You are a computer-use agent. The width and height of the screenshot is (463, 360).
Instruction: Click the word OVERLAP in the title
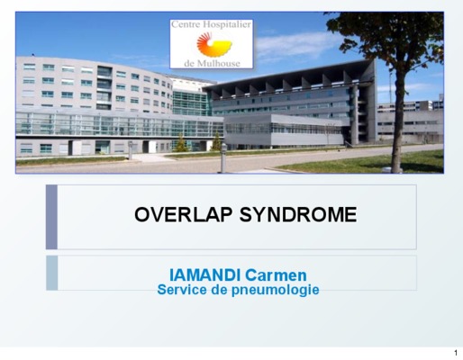(184, 215)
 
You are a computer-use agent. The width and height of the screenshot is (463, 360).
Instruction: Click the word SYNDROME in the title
(298, 215)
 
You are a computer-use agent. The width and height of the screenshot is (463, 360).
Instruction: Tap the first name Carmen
(276, 275)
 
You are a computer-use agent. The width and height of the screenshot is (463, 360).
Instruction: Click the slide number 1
(456, 353)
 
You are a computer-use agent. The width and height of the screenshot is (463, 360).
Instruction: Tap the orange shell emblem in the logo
(213, 45)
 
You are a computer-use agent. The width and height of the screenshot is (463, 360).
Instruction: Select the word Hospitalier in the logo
(227, 24)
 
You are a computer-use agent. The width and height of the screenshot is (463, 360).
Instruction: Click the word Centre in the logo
(186, 24)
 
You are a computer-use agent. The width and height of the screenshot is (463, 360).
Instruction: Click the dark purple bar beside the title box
(51, 217)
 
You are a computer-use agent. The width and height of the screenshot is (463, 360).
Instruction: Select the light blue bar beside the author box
(52, 273)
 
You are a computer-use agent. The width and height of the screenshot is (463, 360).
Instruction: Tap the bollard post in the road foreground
(223, 157)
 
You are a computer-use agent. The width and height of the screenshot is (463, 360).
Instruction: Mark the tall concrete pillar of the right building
(355, 115)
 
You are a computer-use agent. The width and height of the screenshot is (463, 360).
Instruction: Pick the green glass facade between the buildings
(190, 103)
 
